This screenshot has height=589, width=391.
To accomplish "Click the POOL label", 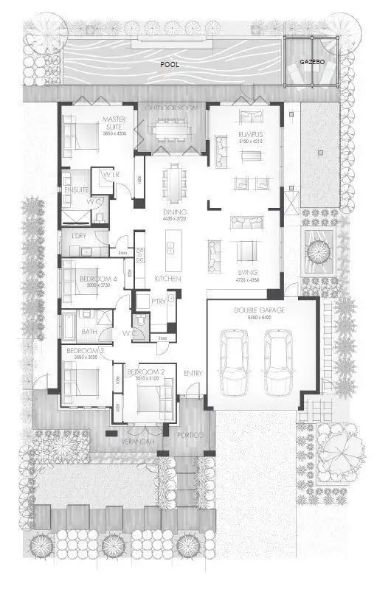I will coord(170,65).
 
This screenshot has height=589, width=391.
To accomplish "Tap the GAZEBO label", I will coord(311,62).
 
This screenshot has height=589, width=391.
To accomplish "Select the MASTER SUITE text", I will coord(115,122).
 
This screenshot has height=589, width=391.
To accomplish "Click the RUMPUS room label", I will coord(249,134).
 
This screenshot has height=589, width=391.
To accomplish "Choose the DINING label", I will coord(174,212).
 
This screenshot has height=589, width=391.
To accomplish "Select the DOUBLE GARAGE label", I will coord(260,310).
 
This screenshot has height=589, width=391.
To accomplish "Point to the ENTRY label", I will coord(193,373).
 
